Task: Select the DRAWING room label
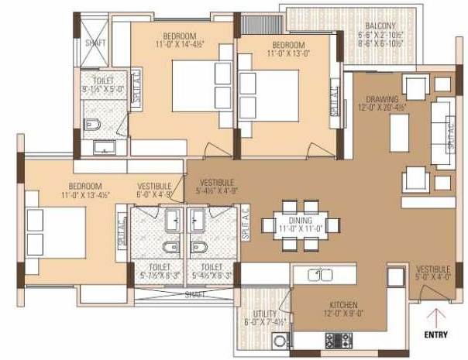(x=383, y=99)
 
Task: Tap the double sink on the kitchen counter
(x=321, y=274)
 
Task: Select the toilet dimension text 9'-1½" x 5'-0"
(x=98, y=89)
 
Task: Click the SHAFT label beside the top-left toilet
(x=96, y=43)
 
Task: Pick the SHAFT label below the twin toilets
(x=195, y=294)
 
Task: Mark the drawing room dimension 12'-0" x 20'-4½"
(x=383, y=108)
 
